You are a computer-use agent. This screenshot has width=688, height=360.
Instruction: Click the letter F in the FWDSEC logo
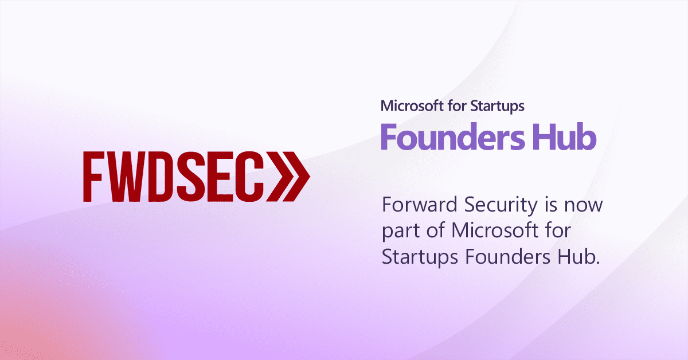pos(92,177)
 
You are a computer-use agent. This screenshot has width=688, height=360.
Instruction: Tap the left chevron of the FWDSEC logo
pos(280,177)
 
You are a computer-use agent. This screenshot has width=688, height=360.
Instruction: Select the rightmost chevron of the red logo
pos(296,177)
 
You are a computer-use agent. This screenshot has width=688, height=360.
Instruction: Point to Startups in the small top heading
pos(497,107)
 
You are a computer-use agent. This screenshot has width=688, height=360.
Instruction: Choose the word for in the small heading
pos(458,106)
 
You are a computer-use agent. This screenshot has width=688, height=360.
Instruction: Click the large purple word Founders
pos(453,136)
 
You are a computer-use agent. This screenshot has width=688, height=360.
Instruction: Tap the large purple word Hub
pos(565,136)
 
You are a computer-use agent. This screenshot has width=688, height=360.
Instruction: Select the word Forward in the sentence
pos(420,204)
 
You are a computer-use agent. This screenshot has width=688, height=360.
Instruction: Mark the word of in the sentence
pos(436,230)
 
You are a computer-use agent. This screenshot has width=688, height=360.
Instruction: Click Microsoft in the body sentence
pos(495,230)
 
